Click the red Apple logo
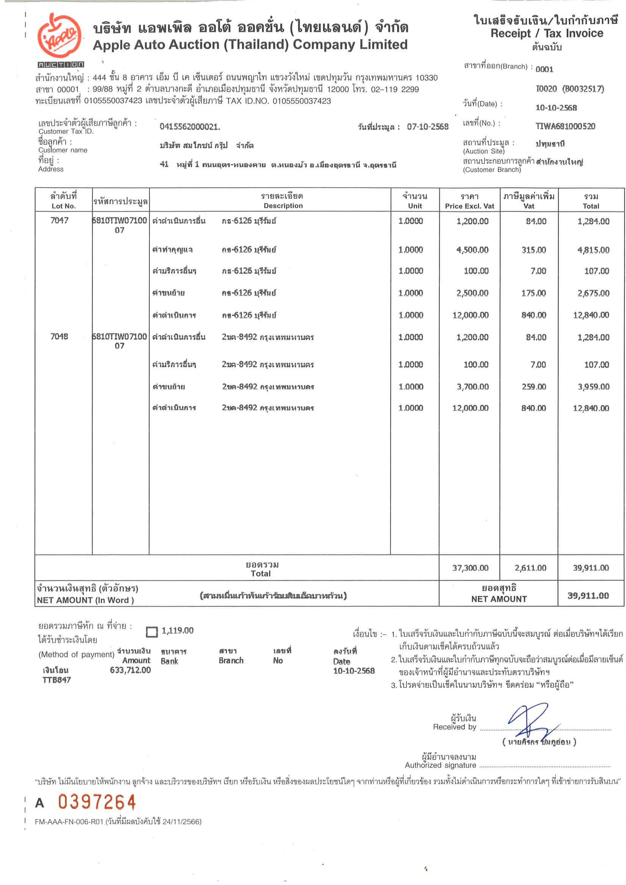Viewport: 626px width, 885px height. coord(60,36)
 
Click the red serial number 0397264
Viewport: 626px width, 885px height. coord(97,802)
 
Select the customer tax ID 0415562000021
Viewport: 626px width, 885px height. coord(189,127)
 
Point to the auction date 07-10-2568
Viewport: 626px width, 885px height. coord(427,127)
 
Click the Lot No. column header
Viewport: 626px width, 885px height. coord(63,200)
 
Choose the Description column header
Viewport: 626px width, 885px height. coord(283,200)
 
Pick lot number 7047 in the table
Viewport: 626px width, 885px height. coord(59,221)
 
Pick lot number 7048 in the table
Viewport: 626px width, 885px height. coord(59,337)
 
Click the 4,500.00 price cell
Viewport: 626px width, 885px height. coord(472,250)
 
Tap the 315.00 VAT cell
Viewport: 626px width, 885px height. coord(533,250)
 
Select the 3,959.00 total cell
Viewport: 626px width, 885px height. coord(593,387)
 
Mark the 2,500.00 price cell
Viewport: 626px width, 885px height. coord(472,293)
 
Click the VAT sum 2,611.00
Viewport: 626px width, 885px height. coord(530,568)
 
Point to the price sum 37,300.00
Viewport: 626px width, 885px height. coord(470,568)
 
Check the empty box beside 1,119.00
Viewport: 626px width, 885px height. coord(152,632)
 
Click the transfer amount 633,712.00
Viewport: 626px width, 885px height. coord(130,670)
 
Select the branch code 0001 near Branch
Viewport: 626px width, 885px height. coord(544,69)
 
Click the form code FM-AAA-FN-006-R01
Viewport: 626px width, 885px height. coord(69,821)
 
